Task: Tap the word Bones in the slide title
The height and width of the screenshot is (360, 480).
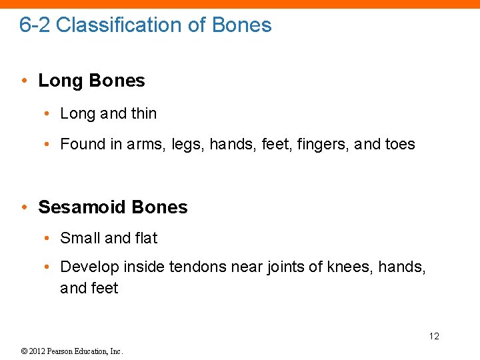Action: (x=241, y=25)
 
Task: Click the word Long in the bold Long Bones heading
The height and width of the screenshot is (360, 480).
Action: (x=61, y=81)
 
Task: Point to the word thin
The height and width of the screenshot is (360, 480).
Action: (x=143, y=114)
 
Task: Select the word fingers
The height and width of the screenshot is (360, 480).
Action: (x=311, y=145)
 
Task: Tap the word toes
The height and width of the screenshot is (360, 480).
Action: (x=400, y=145)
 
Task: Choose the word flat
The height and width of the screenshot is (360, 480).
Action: (x=146, y=238)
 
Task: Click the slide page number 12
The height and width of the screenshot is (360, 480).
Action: (x=434, y=336)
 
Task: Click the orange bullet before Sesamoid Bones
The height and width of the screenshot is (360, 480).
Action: (x=24, y=207)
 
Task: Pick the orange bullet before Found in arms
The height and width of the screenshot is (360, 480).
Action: (x=46, y=145)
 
